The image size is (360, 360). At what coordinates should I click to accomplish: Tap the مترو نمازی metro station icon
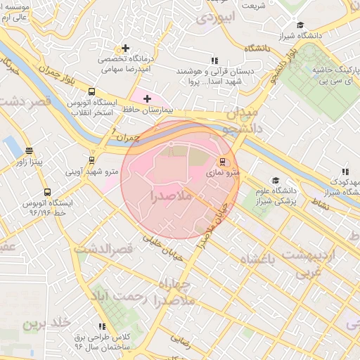pos(224,161)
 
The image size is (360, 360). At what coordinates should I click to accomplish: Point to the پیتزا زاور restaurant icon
pos(29,150)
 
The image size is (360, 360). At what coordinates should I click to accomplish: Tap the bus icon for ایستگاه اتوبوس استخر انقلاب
pos(91,91)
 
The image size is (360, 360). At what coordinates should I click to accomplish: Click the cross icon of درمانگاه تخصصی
pos(125,49)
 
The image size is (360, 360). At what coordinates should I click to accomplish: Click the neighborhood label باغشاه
pos(261,261)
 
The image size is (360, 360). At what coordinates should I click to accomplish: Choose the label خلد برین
pos(47,323)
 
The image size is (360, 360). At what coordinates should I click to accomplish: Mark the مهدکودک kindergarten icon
pos(345,171)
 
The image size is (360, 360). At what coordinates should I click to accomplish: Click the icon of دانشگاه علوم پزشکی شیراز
pos(276,180)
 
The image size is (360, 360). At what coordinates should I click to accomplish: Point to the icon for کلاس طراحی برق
pos(103,326)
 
